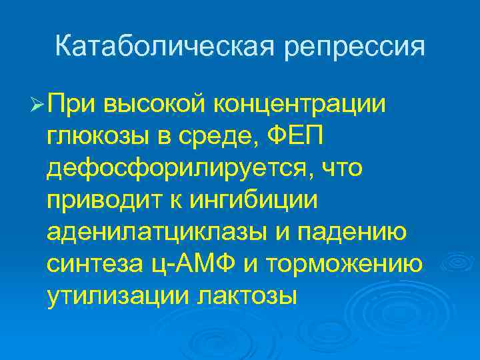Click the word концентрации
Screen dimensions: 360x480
point(299,105)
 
